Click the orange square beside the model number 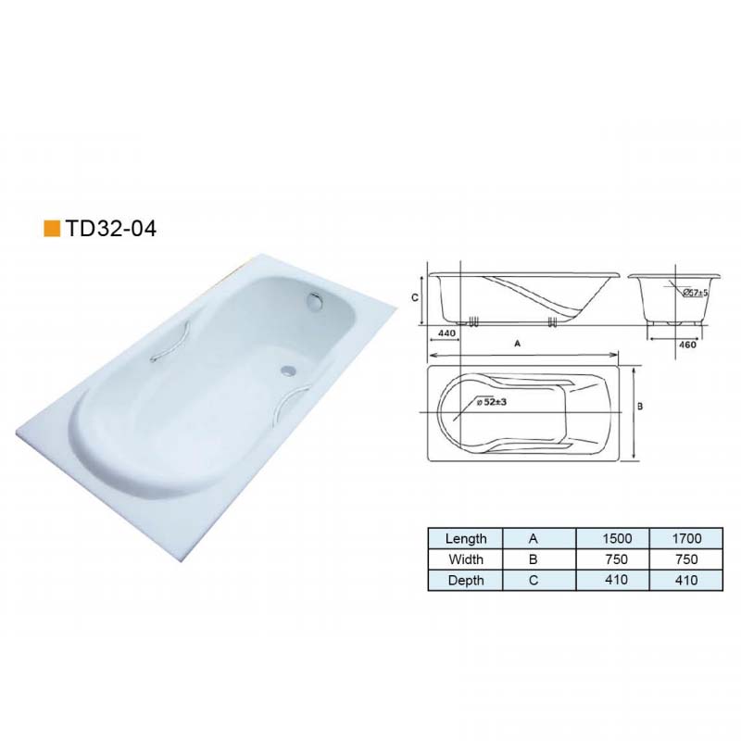[52, 228]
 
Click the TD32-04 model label [111, 228]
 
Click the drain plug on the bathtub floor [286, 371]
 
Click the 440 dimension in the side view [446, 333]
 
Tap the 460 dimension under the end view [687, 345]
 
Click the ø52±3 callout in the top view [492, 402]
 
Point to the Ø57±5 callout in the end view [695, 293]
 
